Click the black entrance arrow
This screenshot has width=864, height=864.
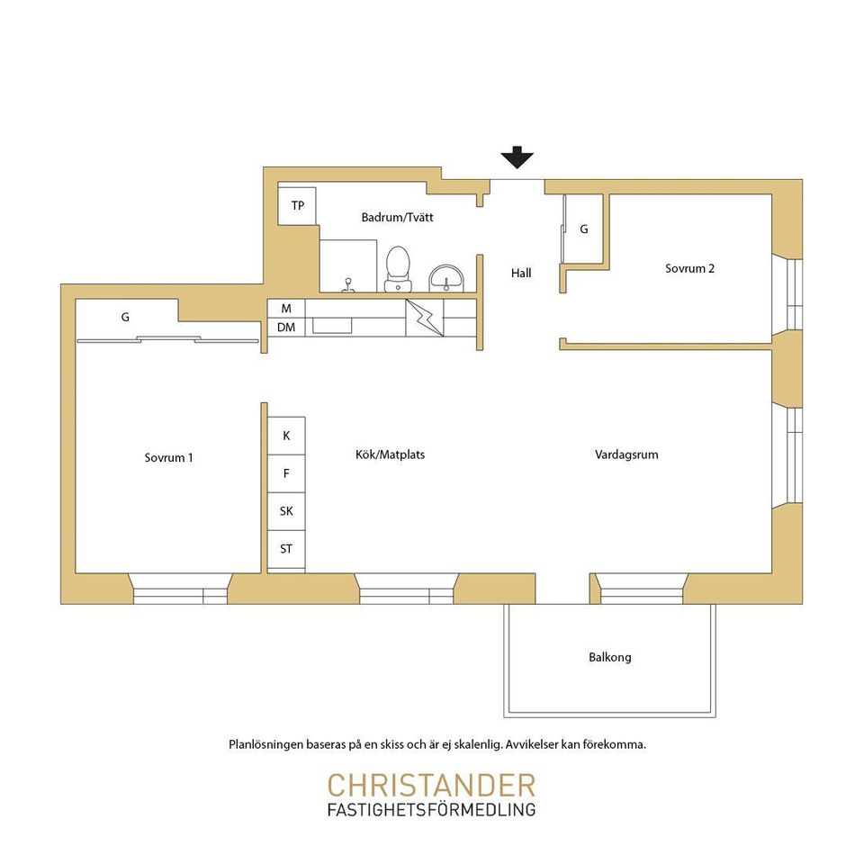click(517, 157)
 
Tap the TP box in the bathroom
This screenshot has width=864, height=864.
click(297, 205)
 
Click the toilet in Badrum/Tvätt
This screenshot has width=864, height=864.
click(397, 269)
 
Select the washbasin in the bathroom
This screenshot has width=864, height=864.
click(446, 278)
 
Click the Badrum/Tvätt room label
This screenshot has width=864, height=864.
click(397, 217)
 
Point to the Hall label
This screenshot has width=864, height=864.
click(521, 273)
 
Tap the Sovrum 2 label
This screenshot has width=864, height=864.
click(689, 268)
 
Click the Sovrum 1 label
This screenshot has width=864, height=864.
click(168, 457)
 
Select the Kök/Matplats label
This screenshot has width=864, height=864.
click(390, 454)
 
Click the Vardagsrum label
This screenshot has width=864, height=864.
click(626, 454)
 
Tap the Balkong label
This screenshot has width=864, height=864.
click(610, 657)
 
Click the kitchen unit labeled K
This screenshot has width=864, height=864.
click(286, 436)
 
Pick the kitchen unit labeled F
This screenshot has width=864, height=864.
click(286, 474)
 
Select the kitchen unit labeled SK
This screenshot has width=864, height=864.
click(286, 511)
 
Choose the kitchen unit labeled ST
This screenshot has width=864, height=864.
click(286, 549)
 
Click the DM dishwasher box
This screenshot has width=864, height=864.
click(286, 328)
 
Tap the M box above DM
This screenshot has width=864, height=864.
click(286, 309)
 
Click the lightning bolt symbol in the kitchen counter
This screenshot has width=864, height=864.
click(425, 318)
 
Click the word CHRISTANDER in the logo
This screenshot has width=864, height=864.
click(431, 785)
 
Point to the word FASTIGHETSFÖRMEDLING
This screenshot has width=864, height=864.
click(431, 809)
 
